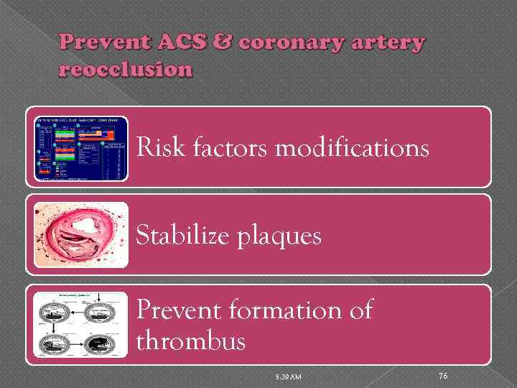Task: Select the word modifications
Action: tap(352, 148)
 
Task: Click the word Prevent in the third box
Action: tap(179, 310)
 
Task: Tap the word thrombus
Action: tap(190, 341)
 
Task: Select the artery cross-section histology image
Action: tap(81, 235)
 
